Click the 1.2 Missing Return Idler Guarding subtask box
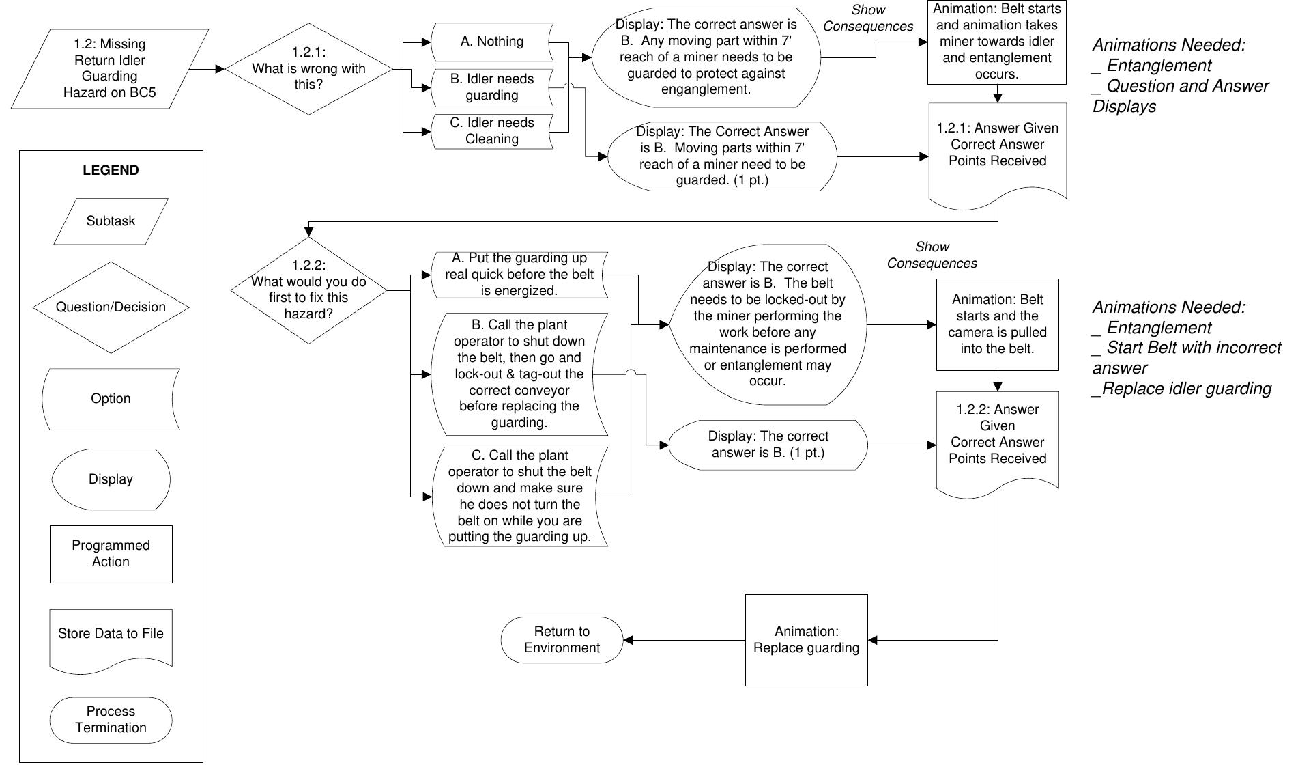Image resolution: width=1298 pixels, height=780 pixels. [x=109, y=68]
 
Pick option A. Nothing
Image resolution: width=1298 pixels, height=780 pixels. [x=492, y=42]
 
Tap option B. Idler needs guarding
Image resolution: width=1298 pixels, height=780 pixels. [x=492, y=87]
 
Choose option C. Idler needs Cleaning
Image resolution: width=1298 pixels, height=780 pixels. [x=492, y=130]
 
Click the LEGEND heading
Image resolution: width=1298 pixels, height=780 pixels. [x=111, y=170]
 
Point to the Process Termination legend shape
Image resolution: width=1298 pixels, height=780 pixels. [x=111, y=720]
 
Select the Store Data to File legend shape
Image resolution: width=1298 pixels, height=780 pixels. [x=111, y=636]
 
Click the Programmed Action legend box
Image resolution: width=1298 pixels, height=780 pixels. [x=111, y=554]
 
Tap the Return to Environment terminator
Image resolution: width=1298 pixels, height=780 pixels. [x=562, y=640]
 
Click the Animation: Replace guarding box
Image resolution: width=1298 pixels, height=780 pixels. [x=806, y=640]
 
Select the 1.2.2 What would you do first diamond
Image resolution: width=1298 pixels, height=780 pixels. [x=308, y=290]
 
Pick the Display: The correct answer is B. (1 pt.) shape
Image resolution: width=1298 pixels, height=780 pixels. [x=768, y=445]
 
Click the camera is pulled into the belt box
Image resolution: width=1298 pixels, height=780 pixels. [x=997, y=324]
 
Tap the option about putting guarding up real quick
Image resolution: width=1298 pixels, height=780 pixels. [x=519, y=275]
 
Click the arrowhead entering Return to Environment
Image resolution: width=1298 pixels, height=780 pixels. [x=628, y=640]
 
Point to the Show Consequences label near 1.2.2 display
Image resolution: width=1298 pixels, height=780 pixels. [x=932, y=255]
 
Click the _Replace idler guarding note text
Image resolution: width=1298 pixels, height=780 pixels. [x=1181, y=389]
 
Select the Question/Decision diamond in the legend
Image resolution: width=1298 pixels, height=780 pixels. [x=111, y=307]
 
